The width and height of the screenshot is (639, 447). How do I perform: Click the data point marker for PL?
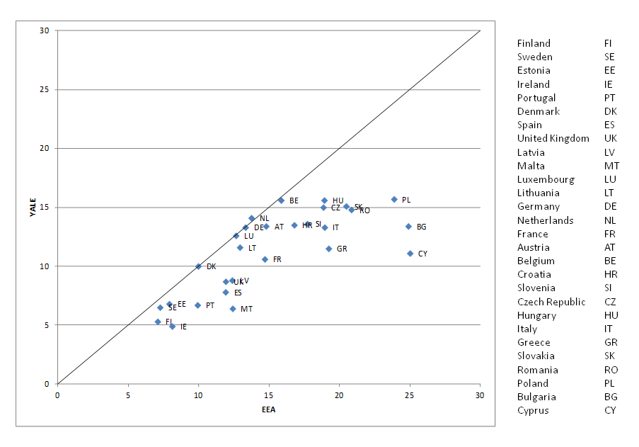point(394,200)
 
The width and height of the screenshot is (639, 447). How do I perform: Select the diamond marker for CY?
point(410,254)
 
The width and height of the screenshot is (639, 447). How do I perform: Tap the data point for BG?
point(408,227)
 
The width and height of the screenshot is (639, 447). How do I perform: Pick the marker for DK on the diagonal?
point(198,266)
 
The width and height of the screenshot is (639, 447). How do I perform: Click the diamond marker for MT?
point(233,309)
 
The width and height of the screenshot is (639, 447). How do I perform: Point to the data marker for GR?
point(328,249)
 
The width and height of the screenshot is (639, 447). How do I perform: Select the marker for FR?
point(265,259)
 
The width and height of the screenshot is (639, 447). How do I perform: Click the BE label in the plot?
point(294,200)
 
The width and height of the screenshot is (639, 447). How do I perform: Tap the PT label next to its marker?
point(210,305)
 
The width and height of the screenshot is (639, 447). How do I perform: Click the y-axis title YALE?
point(33,207)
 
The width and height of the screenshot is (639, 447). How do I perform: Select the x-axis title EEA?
point(268,409)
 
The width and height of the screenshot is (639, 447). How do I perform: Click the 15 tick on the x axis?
point(268,395)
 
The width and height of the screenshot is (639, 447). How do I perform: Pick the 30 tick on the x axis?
point(480,395)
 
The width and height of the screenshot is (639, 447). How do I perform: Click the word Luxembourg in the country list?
point(546,179)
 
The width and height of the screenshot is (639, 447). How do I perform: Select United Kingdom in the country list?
point(553,138)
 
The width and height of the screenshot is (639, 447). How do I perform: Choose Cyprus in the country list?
point(533,410)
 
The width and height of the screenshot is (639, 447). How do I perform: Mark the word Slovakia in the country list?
point(536,356)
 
